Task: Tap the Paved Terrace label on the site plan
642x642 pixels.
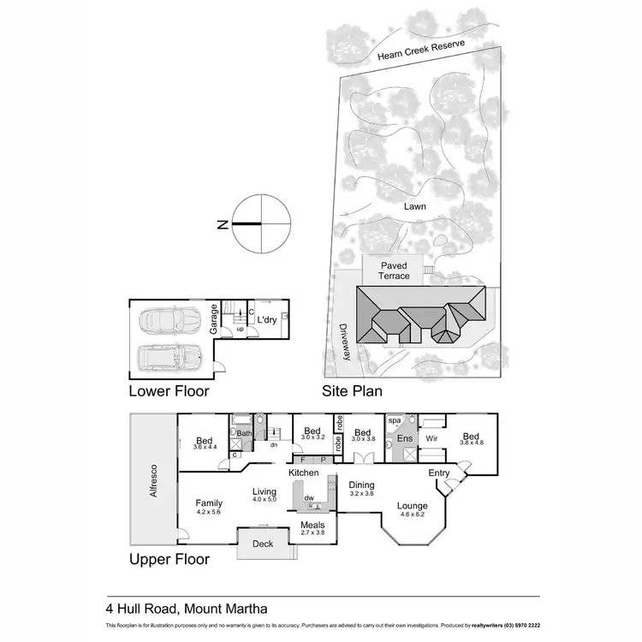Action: coord(394,270)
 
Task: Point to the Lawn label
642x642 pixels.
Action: coord(416,206)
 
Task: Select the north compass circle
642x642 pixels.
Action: coord(259,224)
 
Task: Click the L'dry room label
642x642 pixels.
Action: coord(266,320)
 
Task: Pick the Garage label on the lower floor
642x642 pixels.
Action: coord(213,319)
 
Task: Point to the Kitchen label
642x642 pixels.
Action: coord(303,473)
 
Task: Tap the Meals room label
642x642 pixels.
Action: coord(312,525)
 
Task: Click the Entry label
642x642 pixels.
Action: coord(439,473)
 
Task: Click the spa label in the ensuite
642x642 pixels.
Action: coord(395,422)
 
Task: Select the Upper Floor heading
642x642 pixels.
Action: coord(169,561)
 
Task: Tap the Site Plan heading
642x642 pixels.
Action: coord(351,391)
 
